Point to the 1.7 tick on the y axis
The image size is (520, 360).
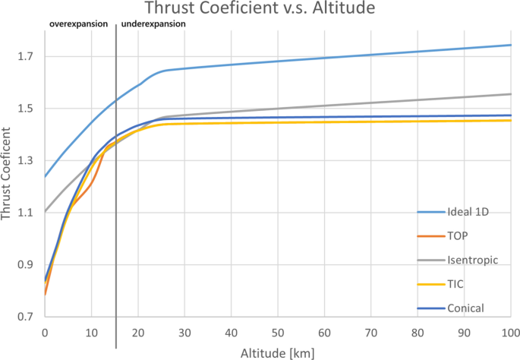point(28,57)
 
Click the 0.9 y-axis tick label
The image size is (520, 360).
point(28,265)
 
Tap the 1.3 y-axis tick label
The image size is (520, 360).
point(28,161)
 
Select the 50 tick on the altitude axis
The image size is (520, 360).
point(278,332)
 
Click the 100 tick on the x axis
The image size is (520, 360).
point(510,332)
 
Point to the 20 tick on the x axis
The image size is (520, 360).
point(138,332)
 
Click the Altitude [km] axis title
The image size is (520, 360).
point(278,352)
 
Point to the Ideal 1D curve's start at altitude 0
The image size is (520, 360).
point(46,176)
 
